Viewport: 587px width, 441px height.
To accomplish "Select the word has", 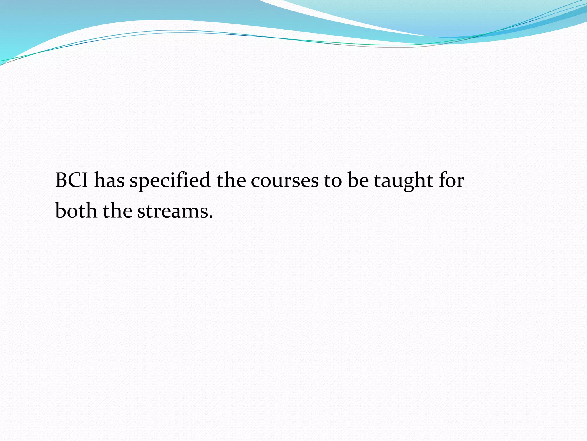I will tap(109, 180).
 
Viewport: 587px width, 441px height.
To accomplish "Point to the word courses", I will tap(285, 181).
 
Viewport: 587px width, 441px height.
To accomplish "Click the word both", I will tap(76, 211).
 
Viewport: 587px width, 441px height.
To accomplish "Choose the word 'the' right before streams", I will tap(118, 211).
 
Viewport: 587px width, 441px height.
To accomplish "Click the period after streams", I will tap(211, 216).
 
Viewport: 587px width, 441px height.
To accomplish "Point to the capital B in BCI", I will tap(61, 180).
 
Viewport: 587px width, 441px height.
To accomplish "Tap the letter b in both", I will tap(61, 211).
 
